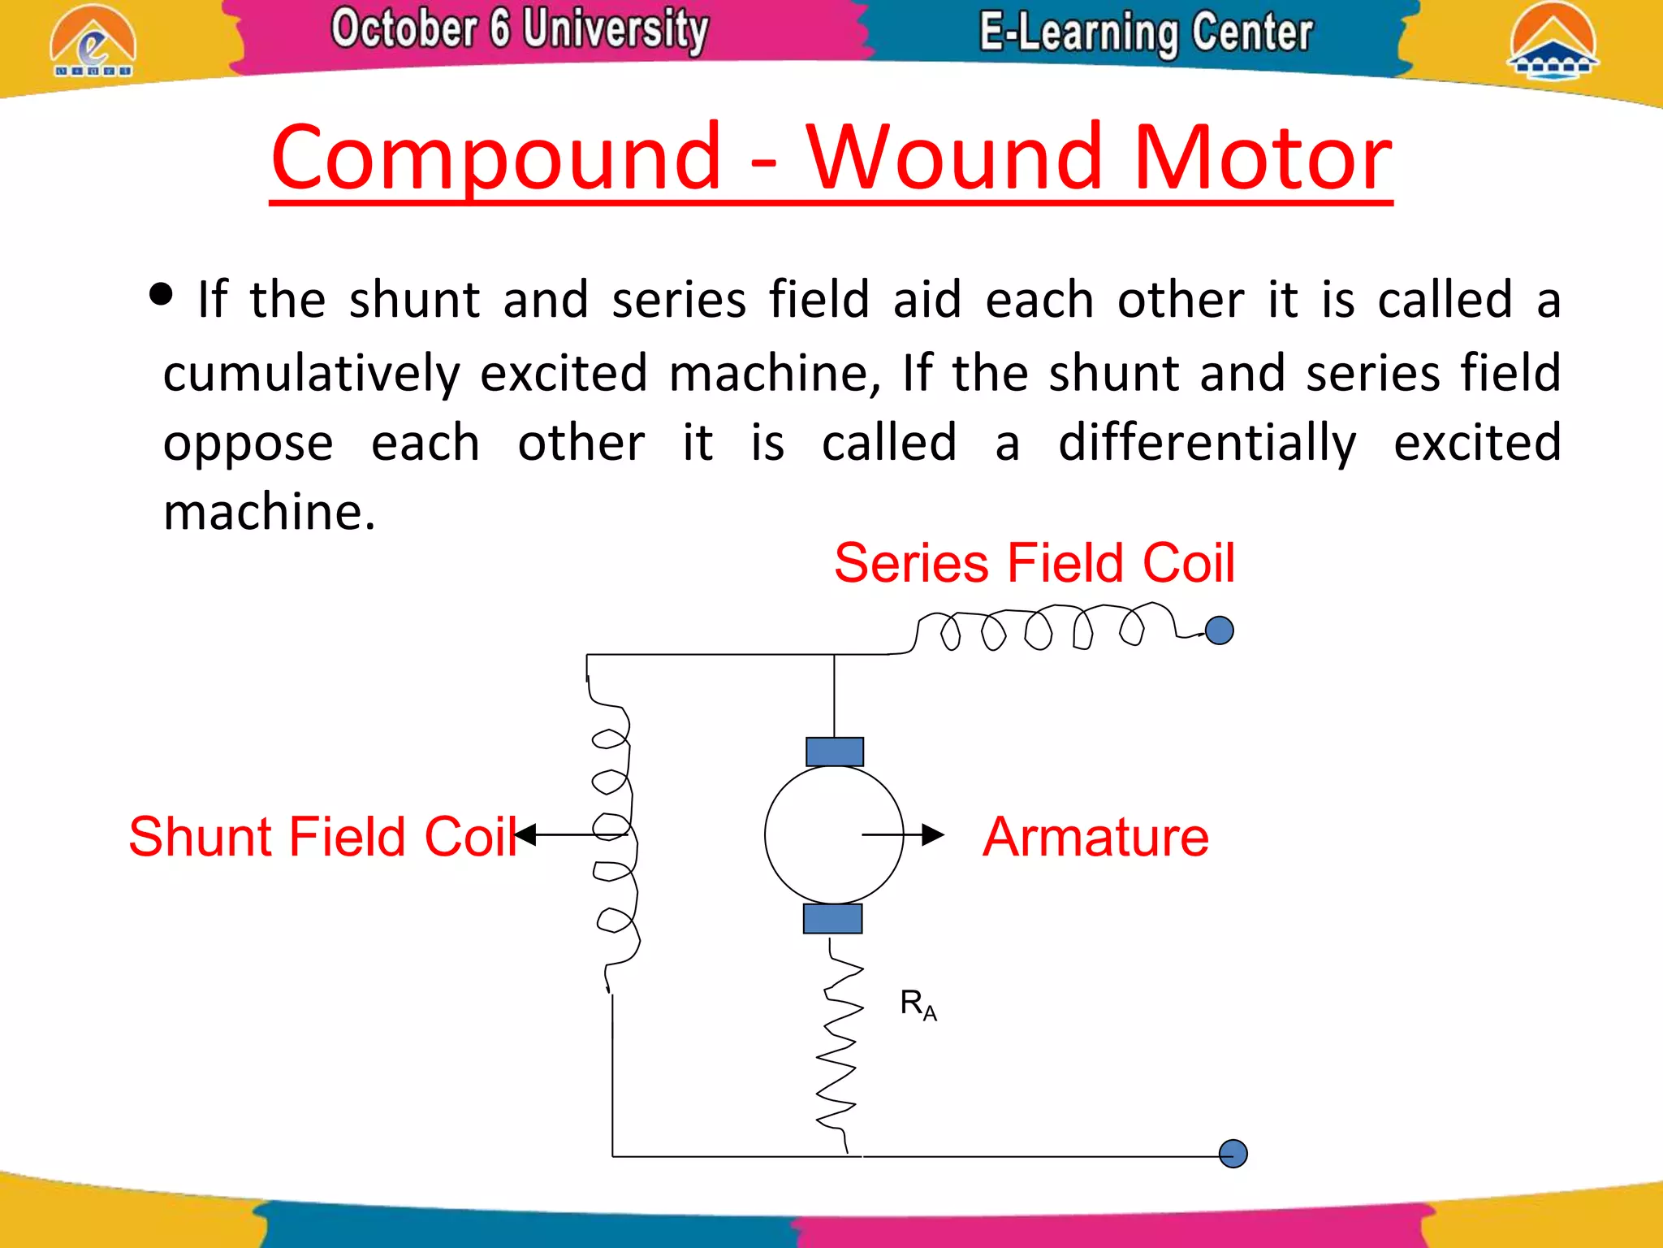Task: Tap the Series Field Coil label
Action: point(1035,562)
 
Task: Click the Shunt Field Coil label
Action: point(323,837)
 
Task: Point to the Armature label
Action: point(1095,837)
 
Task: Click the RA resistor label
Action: point(918,1004)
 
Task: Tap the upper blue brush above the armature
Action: point(835,752)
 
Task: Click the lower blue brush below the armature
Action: point(833,919)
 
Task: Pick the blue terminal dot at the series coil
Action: point(1220,630)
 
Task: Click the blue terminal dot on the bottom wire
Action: point(1233,1154)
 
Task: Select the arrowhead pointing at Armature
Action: point(933,834)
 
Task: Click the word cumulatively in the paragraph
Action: point(312,373)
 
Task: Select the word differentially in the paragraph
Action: point(1207,444)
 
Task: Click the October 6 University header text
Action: point(520,29)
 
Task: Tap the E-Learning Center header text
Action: point(1146,32)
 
